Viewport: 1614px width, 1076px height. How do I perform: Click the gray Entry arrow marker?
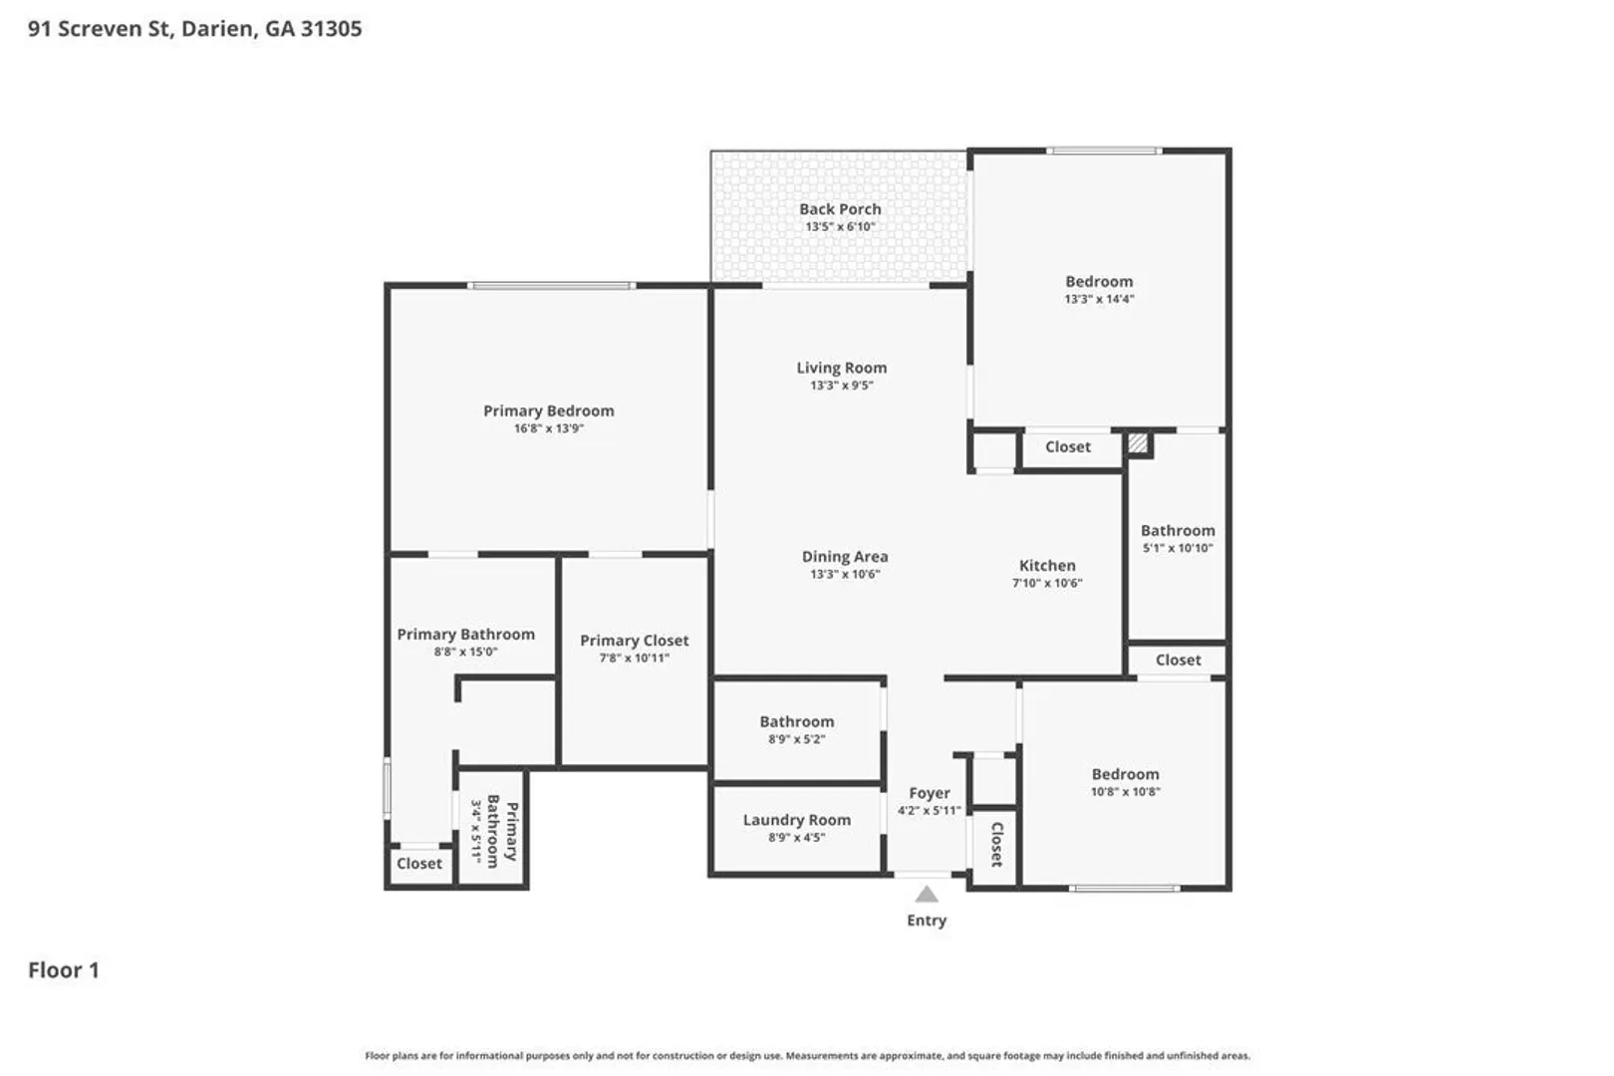[x=927, y=895]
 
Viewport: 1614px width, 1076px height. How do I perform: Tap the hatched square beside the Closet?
[x=1138, y=442]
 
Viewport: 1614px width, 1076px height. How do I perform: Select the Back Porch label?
[x=840, y=209]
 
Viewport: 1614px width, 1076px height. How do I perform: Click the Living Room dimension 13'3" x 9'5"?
[x=842, y=386]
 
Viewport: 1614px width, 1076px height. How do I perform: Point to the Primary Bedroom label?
[x=549, y=410]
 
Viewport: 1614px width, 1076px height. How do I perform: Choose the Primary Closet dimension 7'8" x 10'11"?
[x=635, y=658]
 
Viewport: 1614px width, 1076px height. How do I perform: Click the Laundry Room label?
[x=797, y=820]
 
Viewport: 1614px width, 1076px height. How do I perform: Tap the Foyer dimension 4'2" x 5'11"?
[x=930, y=811]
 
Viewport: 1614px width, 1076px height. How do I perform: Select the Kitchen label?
[x=1048, y=566]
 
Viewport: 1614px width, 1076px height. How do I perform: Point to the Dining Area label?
[x=845, y=557]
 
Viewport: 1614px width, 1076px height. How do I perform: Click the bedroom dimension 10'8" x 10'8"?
[x=1126, y=792]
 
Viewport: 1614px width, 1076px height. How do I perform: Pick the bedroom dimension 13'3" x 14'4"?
[x=1100, y=299]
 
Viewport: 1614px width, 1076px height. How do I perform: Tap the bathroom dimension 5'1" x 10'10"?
[x=1178, y=548]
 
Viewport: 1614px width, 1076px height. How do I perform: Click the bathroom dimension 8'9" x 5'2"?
[x=797, y=739]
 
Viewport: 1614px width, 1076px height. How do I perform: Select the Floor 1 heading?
[x=64, y=970]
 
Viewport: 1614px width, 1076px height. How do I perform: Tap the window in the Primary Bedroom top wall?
[x=552, y=286]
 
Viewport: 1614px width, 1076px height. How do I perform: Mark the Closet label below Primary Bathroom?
[x=419, y=864]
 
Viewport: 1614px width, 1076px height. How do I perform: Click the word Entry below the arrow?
[x=927, y=921]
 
